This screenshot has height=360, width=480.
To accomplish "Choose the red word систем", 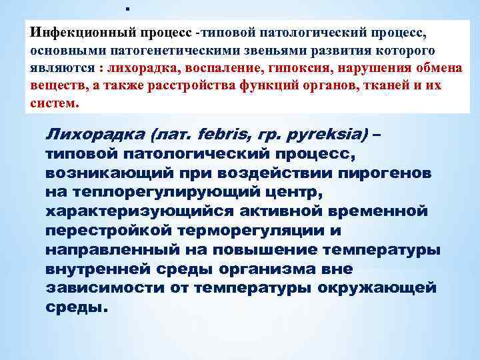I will (x=53, y=105).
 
